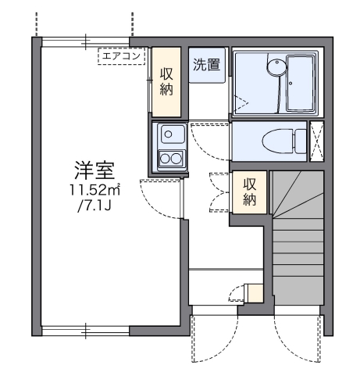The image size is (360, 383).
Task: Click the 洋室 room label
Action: [91, 169]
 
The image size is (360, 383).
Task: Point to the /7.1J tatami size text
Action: [93, 207]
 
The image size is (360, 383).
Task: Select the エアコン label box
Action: [121, 55]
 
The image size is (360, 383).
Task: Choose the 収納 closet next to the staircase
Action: [250, 192]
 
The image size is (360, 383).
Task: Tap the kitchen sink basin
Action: [169, 134]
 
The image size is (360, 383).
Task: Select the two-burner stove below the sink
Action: [169, 159]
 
